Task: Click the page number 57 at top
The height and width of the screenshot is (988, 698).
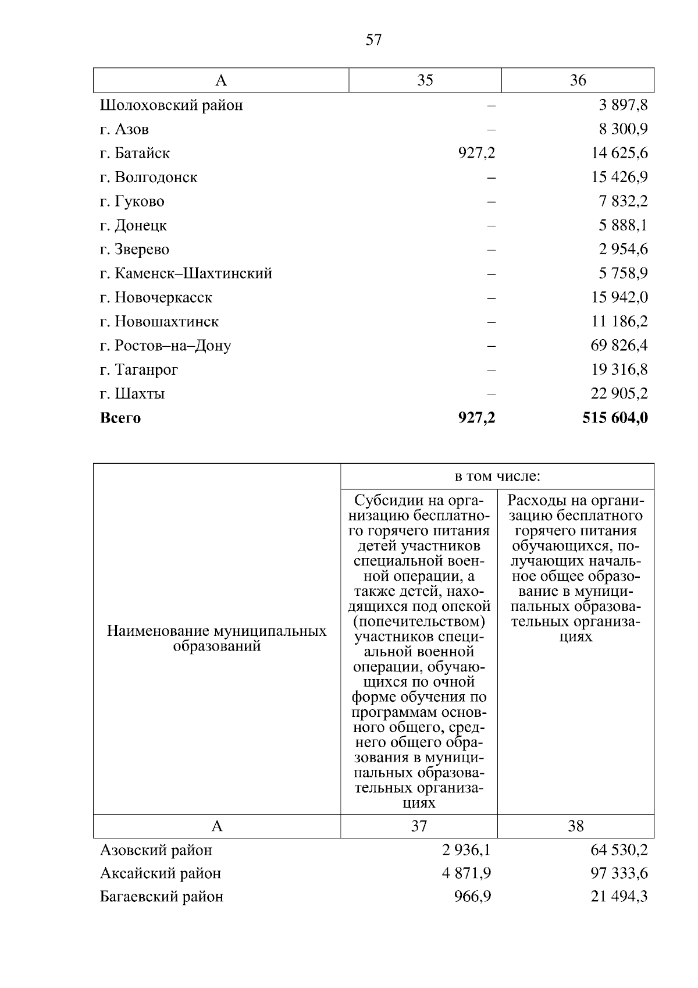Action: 373,40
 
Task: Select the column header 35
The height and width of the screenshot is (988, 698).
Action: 425,80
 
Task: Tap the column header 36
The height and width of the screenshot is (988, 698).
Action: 578,80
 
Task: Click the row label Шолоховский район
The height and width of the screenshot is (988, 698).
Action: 172,105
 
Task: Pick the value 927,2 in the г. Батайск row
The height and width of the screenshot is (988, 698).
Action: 476,153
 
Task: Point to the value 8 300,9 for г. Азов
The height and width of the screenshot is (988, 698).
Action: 624,129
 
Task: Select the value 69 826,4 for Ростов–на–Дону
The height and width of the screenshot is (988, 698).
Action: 619,346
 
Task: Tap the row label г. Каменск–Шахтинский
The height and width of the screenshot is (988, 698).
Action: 186,273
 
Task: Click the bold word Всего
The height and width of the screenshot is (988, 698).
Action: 120,418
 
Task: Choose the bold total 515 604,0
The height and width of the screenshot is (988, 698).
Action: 615,418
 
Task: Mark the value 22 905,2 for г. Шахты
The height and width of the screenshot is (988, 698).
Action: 619,394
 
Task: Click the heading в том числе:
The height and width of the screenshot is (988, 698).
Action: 497,477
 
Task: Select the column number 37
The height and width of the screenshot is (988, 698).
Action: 419,826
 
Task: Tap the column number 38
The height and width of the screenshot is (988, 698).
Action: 575,826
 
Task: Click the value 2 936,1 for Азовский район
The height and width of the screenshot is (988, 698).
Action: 466,850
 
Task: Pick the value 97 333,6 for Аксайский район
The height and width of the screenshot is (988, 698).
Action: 619,873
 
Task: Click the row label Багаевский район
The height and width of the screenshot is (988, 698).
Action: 162,897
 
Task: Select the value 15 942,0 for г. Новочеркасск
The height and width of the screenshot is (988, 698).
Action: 619,297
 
